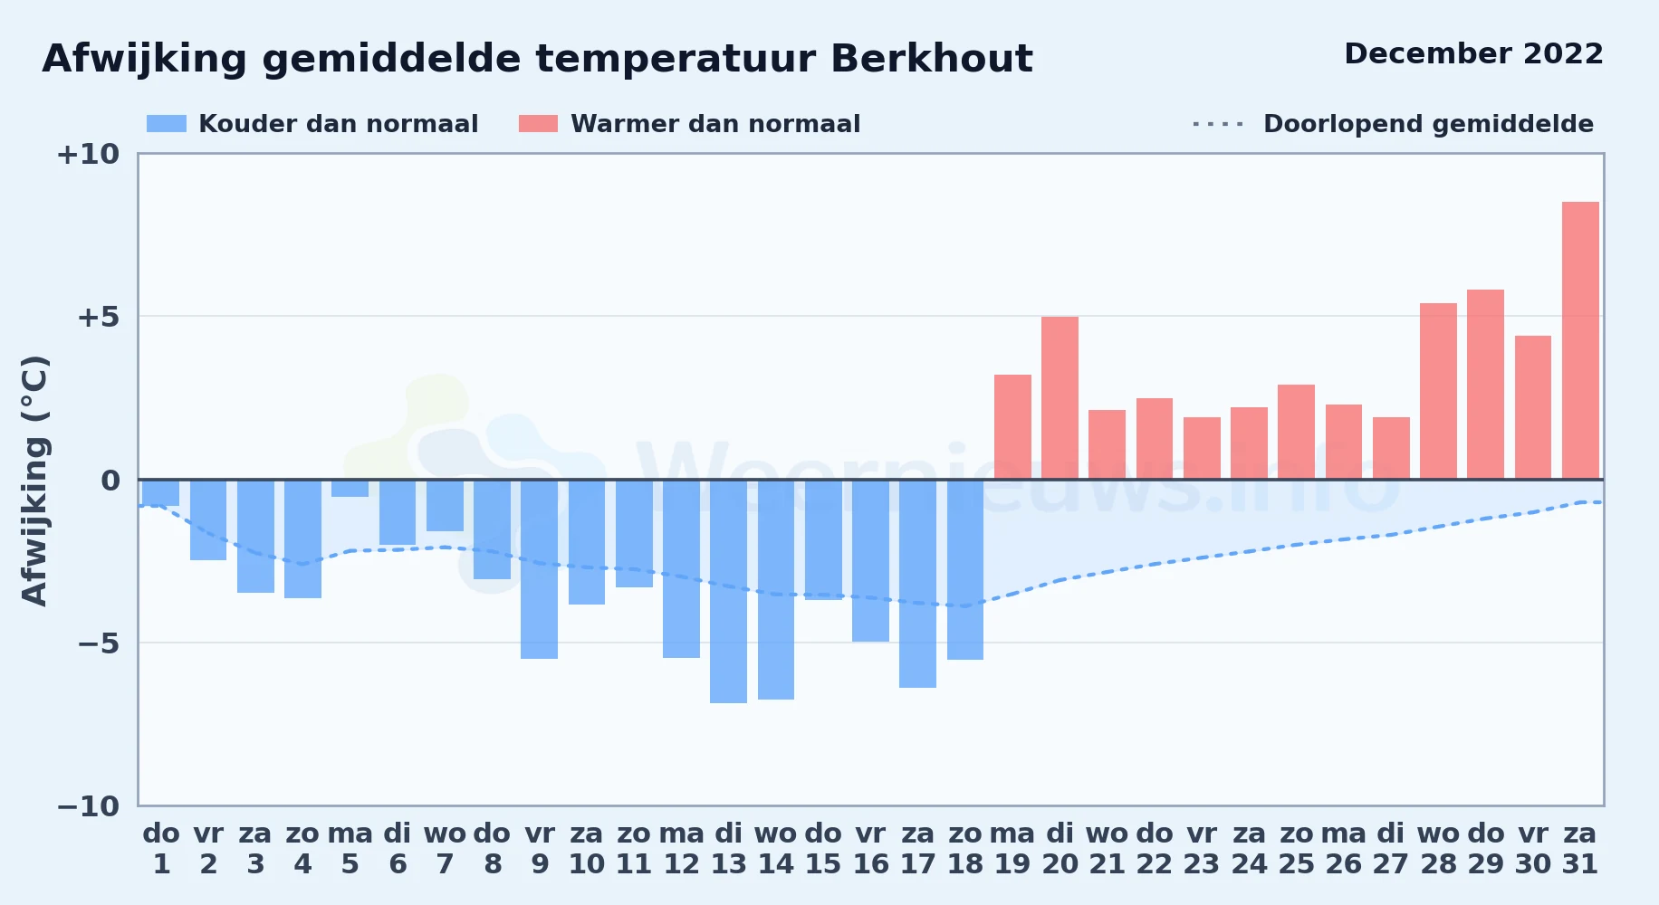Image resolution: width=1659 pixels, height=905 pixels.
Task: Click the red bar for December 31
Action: click(1580, 340)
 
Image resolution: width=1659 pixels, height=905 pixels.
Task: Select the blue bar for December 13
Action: click(728, 591)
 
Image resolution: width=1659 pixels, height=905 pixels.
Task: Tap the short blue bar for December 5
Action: click(350, 488)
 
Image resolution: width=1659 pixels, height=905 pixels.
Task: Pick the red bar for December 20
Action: click(1060, 398)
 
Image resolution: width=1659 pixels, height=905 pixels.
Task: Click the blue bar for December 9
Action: click(539, 569)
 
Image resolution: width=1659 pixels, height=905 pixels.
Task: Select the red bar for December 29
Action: click(1485, 385)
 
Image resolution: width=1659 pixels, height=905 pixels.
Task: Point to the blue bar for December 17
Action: click(917, 584)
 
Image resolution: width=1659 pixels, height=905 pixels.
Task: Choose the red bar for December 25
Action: click(1296, 432)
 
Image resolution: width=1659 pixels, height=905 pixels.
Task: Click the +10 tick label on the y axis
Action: click(88, 155)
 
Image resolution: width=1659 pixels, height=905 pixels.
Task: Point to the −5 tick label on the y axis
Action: click(99, 643)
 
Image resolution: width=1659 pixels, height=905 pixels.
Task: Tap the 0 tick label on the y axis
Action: click(110, 481)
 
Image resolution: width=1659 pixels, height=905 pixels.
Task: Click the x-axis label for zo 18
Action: click(965, 849)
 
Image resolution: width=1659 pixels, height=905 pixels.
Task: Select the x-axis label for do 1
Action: click(161, 849)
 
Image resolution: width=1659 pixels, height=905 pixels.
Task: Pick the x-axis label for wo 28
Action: click(1438, 849)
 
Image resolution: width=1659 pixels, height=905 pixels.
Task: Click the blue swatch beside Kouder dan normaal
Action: click(167, 124)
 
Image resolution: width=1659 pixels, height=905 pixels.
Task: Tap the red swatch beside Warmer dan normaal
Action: click(538, 124)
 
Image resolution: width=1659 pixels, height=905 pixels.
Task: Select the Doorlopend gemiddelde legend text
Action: click(1428, 124)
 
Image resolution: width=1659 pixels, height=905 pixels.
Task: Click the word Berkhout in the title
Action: click(931, 59)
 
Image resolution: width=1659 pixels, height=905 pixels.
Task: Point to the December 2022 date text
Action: click(1473, 53)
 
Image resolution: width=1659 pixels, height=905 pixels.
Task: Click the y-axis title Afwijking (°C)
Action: click(34, 481)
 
